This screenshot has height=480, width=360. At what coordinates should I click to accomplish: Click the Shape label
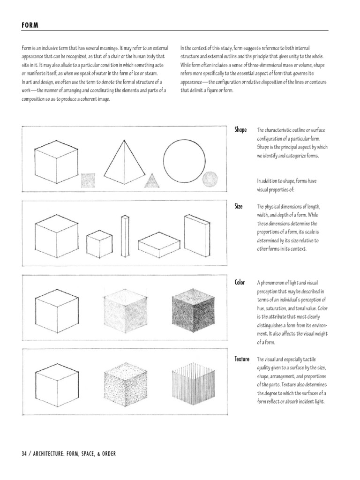click(240, 130)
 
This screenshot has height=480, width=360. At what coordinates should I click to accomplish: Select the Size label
click(239, 206)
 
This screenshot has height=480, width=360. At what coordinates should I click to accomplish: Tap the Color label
click(240, 283)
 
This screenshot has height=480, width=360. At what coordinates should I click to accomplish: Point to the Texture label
click(242, 359)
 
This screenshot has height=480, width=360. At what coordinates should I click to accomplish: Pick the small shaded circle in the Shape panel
click(210, 179)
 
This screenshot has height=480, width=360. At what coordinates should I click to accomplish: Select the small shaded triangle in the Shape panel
click(151, 181)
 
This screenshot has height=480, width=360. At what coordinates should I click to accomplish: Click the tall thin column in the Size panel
click(125, 237)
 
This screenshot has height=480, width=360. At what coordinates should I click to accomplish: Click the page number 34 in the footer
click(24, 454)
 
